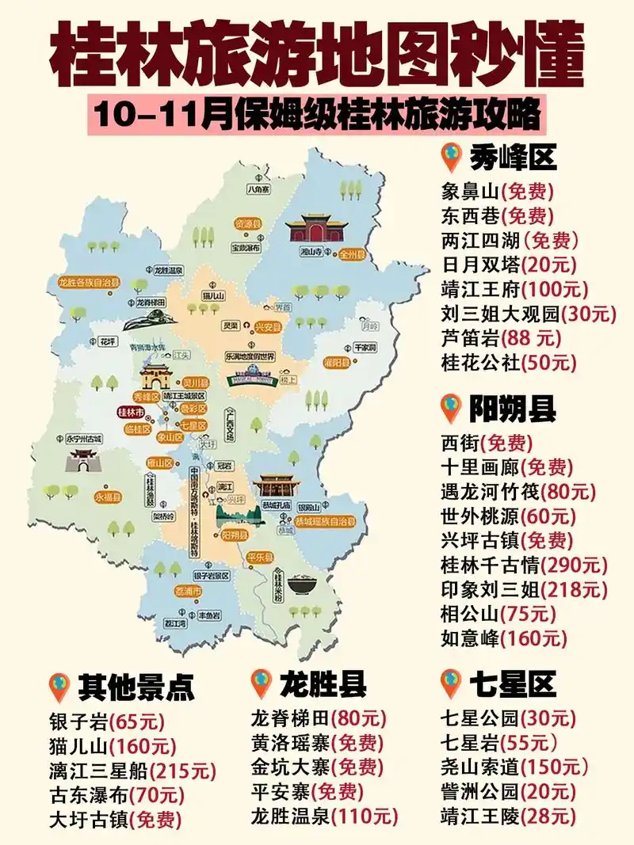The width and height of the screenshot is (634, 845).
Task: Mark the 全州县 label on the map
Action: coord(350,255)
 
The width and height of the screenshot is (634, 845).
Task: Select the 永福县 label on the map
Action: coord(108,497)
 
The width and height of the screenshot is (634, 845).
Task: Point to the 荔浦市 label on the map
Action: coord(188,591)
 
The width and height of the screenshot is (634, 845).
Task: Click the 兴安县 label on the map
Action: coord(267,325)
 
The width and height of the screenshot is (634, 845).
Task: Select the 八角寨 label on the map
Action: coord(258,189)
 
